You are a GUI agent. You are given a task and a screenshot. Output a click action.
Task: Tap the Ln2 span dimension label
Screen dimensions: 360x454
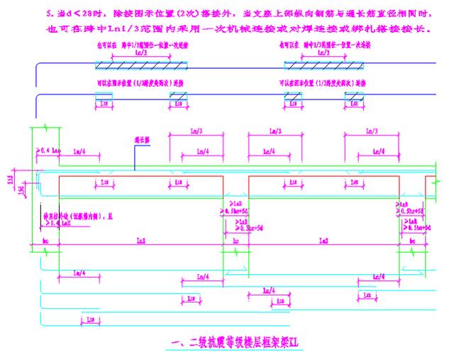(323, 241)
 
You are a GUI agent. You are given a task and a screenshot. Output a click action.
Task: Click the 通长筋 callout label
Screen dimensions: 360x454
(142, 139)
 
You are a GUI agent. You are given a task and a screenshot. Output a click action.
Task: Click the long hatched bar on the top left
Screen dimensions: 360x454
(142, 65)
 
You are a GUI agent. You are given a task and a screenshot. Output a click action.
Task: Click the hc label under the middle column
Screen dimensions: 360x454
(236, 241)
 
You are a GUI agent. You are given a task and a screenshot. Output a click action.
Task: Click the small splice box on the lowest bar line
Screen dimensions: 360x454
(91, 321)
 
